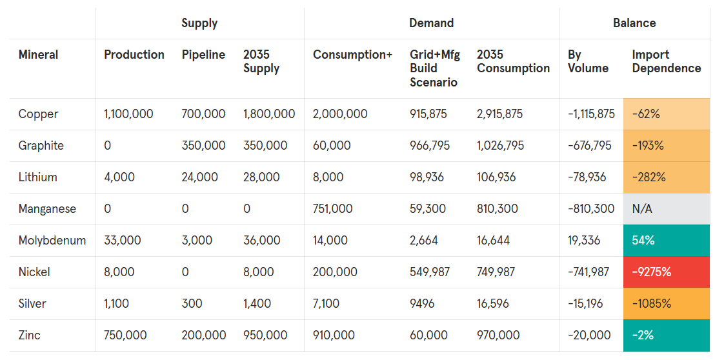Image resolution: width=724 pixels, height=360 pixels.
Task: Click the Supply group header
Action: coord(199,23)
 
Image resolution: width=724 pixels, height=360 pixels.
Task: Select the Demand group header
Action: coord(431,23)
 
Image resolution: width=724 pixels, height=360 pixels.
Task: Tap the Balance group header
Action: coord(634,23)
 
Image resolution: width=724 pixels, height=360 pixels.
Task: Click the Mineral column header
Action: coord(38,55)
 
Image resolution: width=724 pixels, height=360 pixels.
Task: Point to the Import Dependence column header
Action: coord(666,61)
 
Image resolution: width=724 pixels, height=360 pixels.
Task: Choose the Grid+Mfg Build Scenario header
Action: coord(434,68)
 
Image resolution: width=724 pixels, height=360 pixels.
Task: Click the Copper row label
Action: coord(38,114)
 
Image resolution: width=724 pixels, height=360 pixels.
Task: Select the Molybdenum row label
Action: coord(52,241)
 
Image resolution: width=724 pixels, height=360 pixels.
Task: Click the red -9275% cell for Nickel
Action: coord(666,272)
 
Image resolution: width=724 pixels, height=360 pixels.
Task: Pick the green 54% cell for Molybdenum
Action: coord(666,241)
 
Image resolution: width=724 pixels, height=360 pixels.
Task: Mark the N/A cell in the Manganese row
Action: coord(666,209)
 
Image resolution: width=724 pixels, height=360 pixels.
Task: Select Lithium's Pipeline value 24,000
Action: coord(199,177)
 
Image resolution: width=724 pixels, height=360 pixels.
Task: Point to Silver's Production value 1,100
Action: coord(120,304)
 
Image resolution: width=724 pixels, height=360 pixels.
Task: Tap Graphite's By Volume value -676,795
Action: coord(589,146)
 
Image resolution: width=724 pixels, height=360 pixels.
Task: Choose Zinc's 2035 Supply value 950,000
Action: coord(265,335)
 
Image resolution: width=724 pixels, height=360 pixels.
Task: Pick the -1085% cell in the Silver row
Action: coord(666,304)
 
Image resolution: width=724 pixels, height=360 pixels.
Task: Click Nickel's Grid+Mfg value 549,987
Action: coord(430,272)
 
